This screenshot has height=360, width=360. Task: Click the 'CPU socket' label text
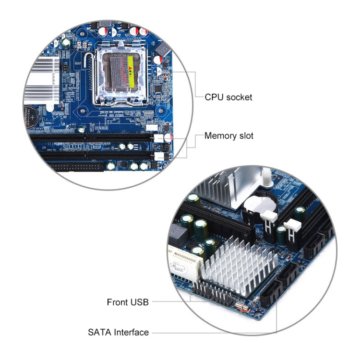[228, 97]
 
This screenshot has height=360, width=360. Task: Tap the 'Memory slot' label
[229, 136]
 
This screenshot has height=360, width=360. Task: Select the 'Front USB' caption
[128, 302]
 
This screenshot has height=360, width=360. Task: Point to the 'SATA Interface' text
[118, 332]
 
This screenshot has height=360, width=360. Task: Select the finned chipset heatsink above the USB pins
[240, 268]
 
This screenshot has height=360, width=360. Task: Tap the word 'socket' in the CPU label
[240, 97]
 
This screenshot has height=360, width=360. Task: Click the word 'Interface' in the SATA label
[132, 332]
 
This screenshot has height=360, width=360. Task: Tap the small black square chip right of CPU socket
[158, 89]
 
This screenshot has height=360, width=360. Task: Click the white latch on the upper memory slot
[160, 138]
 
